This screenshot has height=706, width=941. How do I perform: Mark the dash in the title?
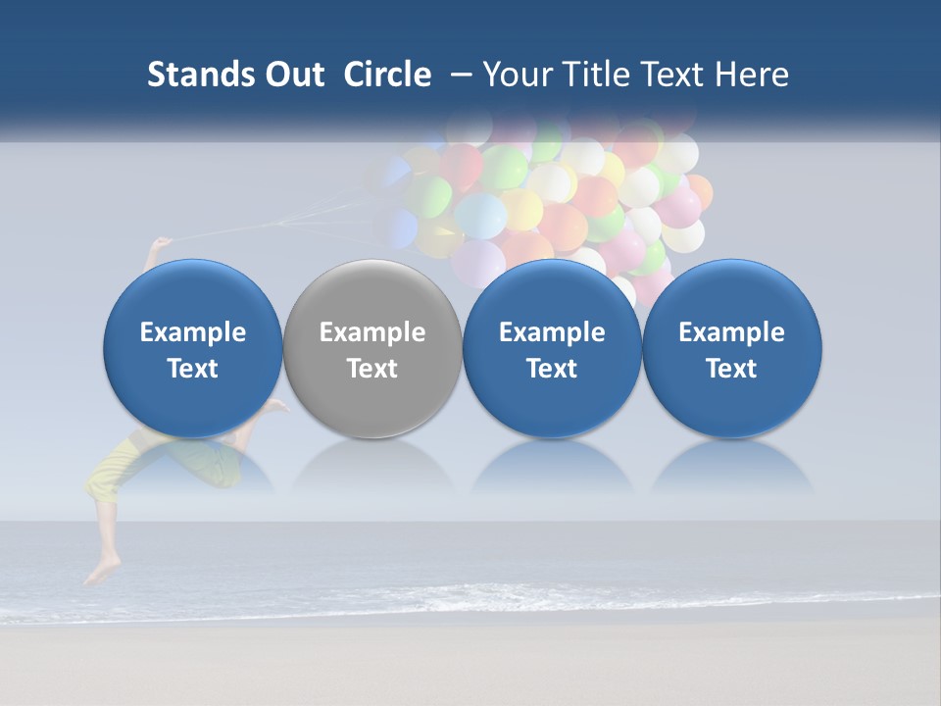[x=459, y=75]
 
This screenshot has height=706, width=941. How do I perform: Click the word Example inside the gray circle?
[x=372, y=332]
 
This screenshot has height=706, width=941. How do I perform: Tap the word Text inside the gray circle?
[x=372, y=369]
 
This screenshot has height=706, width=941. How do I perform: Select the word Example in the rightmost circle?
[x=732, y=332]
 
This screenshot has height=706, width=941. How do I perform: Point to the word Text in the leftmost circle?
[x=193, y=369]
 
